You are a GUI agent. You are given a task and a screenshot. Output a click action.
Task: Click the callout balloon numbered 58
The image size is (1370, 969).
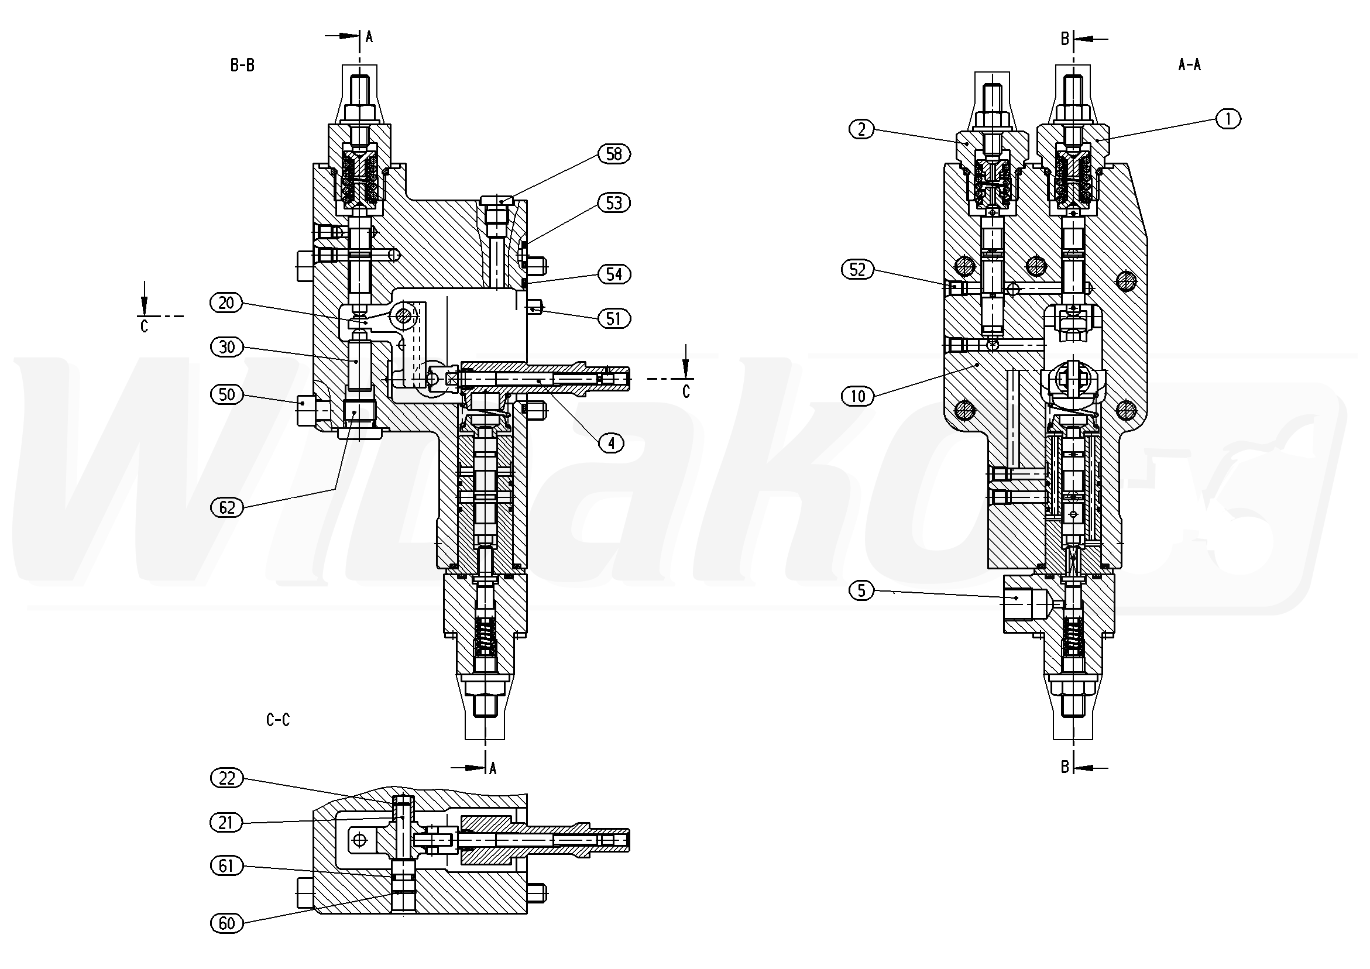click(614, 154)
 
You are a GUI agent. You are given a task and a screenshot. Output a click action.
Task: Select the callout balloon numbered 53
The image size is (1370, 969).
click(614, 203)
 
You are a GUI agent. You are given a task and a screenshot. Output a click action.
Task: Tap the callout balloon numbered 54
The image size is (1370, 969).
click(614, 274)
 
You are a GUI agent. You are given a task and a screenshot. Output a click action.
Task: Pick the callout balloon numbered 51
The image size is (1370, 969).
click(614, 319)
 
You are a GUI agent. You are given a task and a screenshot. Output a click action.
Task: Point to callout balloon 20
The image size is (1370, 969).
click(226, 303)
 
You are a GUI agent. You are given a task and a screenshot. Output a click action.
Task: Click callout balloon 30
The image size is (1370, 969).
click(226, 347)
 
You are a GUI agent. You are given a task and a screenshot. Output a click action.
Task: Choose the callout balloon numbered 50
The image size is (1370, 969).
click(226, 394)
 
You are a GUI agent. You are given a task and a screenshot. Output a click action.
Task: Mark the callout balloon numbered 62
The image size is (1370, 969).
click(226, 508)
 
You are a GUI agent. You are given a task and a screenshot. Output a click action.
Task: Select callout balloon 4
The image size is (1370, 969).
click(611, 443)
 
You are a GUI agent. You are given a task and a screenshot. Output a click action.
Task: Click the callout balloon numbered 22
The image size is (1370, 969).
click(226, 779)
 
